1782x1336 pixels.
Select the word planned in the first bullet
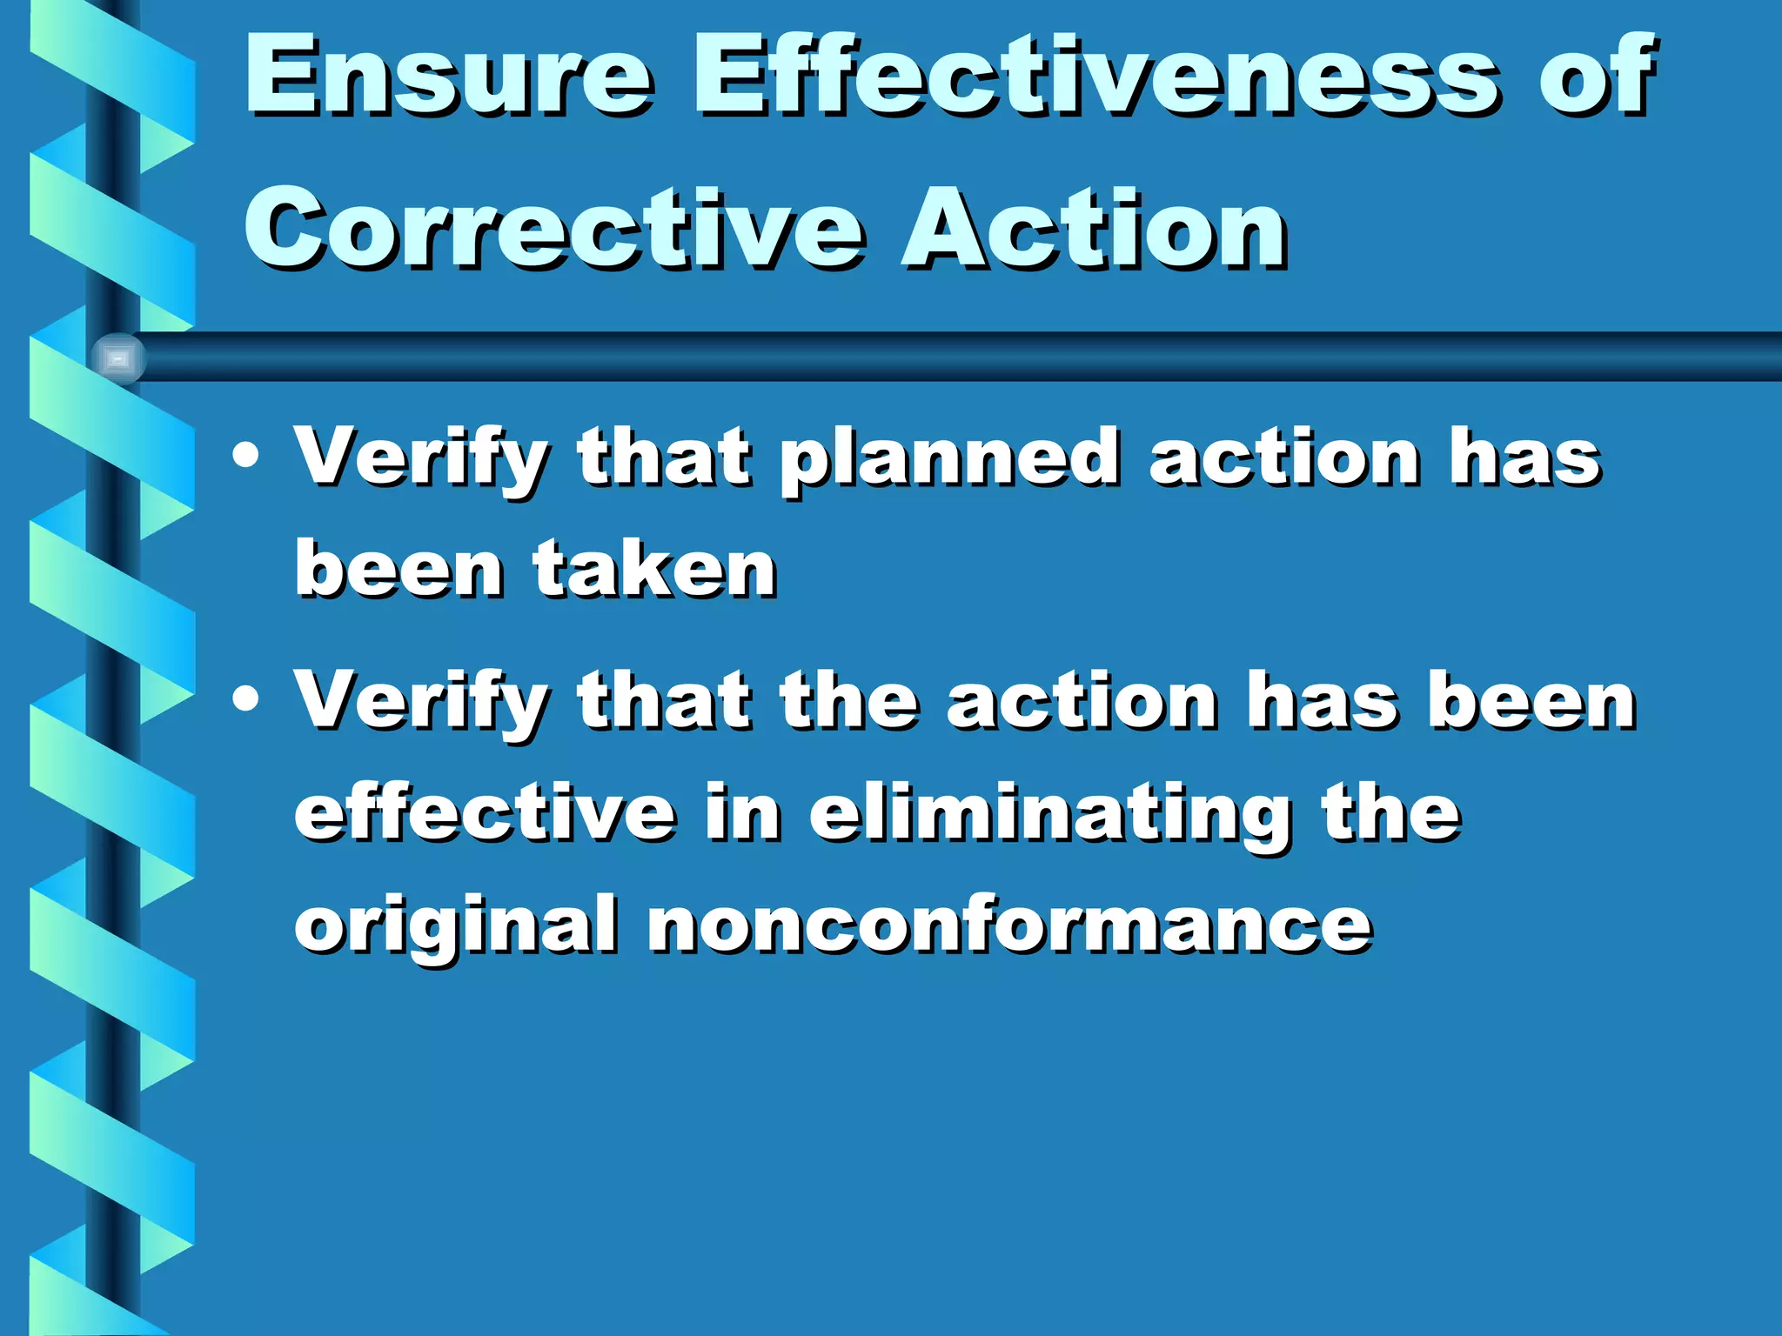(x=948, y=459)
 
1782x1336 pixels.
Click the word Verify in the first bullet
(x=421, y=459)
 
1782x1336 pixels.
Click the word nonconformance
(x=1009, y=924)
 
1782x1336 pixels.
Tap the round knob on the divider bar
(x=118, y=358)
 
